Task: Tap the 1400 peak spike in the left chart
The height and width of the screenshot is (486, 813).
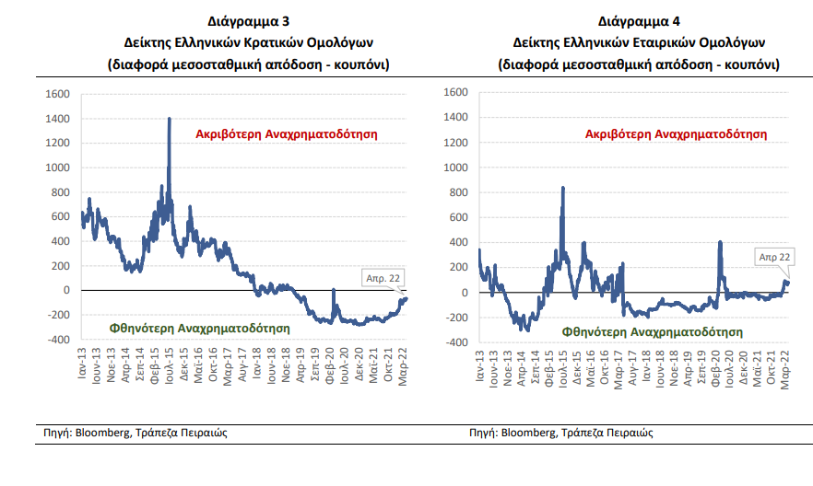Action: (x=170, y=121)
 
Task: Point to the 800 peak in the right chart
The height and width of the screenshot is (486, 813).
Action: (x=562, y=190)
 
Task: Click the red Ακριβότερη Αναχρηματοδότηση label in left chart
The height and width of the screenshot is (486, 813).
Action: (x=287, y=133)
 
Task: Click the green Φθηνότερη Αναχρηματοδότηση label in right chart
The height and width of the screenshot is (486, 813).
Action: (x=650, y=329)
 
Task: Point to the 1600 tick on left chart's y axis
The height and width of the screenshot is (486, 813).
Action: (x=57, y=94)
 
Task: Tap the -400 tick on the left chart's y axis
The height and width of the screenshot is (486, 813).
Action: (x=57, y=340)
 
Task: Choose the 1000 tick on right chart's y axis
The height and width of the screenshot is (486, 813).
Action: (x=456, y=168)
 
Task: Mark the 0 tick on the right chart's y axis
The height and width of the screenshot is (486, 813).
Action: (x=464, y=293)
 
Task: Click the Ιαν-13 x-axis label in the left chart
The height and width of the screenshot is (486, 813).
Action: (x=83, y=361)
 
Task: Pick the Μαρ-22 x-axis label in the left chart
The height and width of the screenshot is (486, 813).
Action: (x=405, y=363)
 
